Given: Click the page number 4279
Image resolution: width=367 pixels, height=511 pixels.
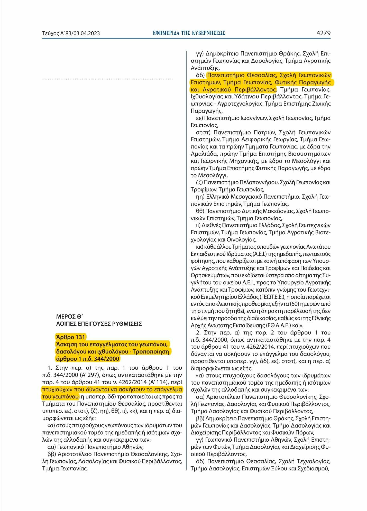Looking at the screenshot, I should point(323,33).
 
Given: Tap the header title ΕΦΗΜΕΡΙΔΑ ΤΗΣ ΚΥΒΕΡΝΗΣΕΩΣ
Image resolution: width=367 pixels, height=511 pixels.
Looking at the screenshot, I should point(189,33).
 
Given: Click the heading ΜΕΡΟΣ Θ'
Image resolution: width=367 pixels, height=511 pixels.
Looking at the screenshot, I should point(69,317).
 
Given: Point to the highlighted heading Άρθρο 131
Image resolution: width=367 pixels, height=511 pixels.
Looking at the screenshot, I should point(70,337).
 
